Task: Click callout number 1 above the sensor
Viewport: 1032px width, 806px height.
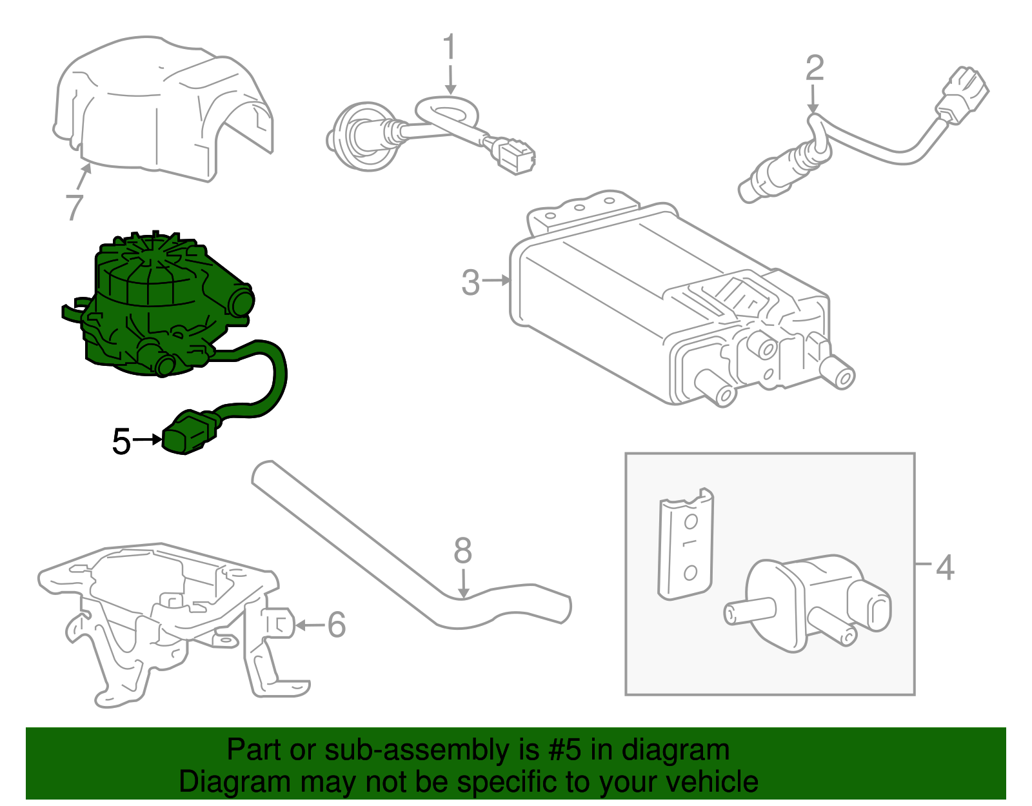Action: coord(449,48)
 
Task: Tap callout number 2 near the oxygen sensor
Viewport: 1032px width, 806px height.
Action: coord(815,68)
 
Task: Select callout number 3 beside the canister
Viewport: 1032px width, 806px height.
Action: coord(471,283)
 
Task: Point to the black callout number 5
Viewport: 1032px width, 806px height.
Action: coord(121,442)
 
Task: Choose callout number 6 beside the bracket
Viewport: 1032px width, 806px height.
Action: coord(336,625)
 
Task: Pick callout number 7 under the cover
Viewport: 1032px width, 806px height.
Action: coord(75,207)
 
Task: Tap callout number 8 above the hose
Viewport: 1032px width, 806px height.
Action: coord(462,552)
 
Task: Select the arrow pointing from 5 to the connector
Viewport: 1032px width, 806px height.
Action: coord(148,439)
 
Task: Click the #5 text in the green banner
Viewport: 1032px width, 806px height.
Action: coord(564,750)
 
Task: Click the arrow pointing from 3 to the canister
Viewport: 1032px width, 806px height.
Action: coord(496,280)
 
